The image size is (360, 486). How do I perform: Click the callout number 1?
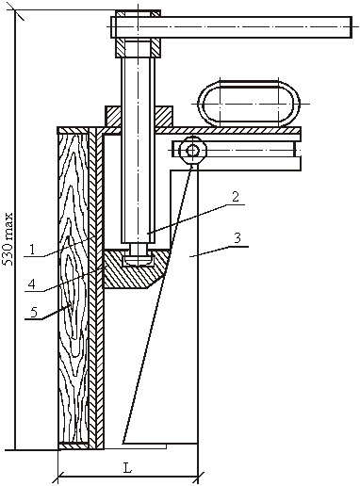32,250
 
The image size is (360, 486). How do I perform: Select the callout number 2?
236,197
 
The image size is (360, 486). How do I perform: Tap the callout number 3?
237,238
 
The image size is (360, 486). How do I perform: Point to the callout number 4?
31,284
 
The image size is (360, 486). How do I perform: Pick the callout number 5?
34,312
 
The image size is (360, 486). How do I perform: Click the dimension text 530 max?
8,239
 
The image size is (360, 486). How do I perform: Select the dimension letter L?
127,468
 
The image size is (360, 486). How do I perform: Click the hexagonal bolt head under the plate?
192,151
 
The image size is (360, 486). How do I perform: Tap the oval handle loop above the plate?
249,103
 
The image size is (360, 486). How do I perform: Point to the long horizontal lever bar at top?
231,27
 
